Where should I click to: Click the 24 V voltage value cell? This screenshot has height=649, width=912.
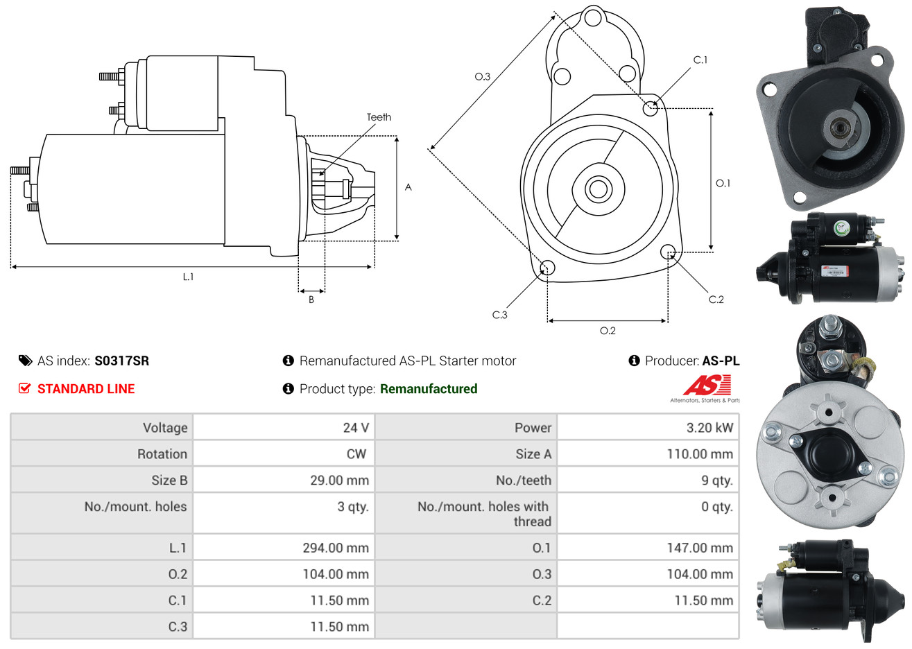point(356,428)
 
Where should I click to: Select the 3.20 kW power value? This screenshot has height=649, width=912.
point(709,428)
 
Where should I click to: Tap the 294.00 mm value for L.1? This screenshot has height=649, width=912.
point(336,548)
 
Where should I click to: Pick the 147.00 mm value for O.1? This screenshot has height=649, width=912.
point(700,548)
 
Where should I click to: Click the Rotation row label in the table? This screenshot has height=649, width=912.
point(162,453)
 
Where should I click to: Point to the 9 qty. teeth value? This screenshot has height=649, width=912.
point(717,481)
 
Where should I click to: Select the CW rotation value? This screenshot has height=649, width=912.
point(356,453)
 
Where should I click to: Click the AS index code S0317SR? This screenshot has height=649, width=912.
point(122,361)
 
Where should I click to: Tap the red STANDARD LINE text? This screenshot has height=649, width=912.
point(86,389)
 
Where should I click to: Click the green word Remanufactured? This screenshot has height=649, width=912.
point(429,389)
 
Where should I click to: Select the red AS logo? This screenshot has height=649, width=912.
point(707,385)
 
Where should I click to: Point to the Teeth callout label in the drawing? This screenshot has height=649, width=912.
point(379,117)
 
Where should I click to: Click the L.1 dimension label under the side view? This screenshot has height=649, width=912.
point(188,277)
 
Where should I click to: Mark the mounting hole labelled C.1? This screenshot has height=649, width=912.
point(650,109)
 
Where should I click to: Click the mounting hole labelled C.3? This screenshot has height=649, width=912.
point(547,268)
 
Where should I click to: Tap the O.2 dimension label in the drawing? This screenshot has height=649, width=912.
point(608,331)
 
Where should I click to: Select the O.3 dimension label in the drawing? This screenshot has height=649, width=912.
point(483,76)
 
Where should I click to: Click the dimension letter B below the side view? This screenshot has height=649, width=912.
point(311,300)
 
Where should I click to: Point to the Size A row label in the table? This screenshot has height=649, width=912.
point(533,453)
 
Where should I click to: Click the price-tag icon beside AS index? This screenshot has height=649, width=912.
point(25,361)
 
